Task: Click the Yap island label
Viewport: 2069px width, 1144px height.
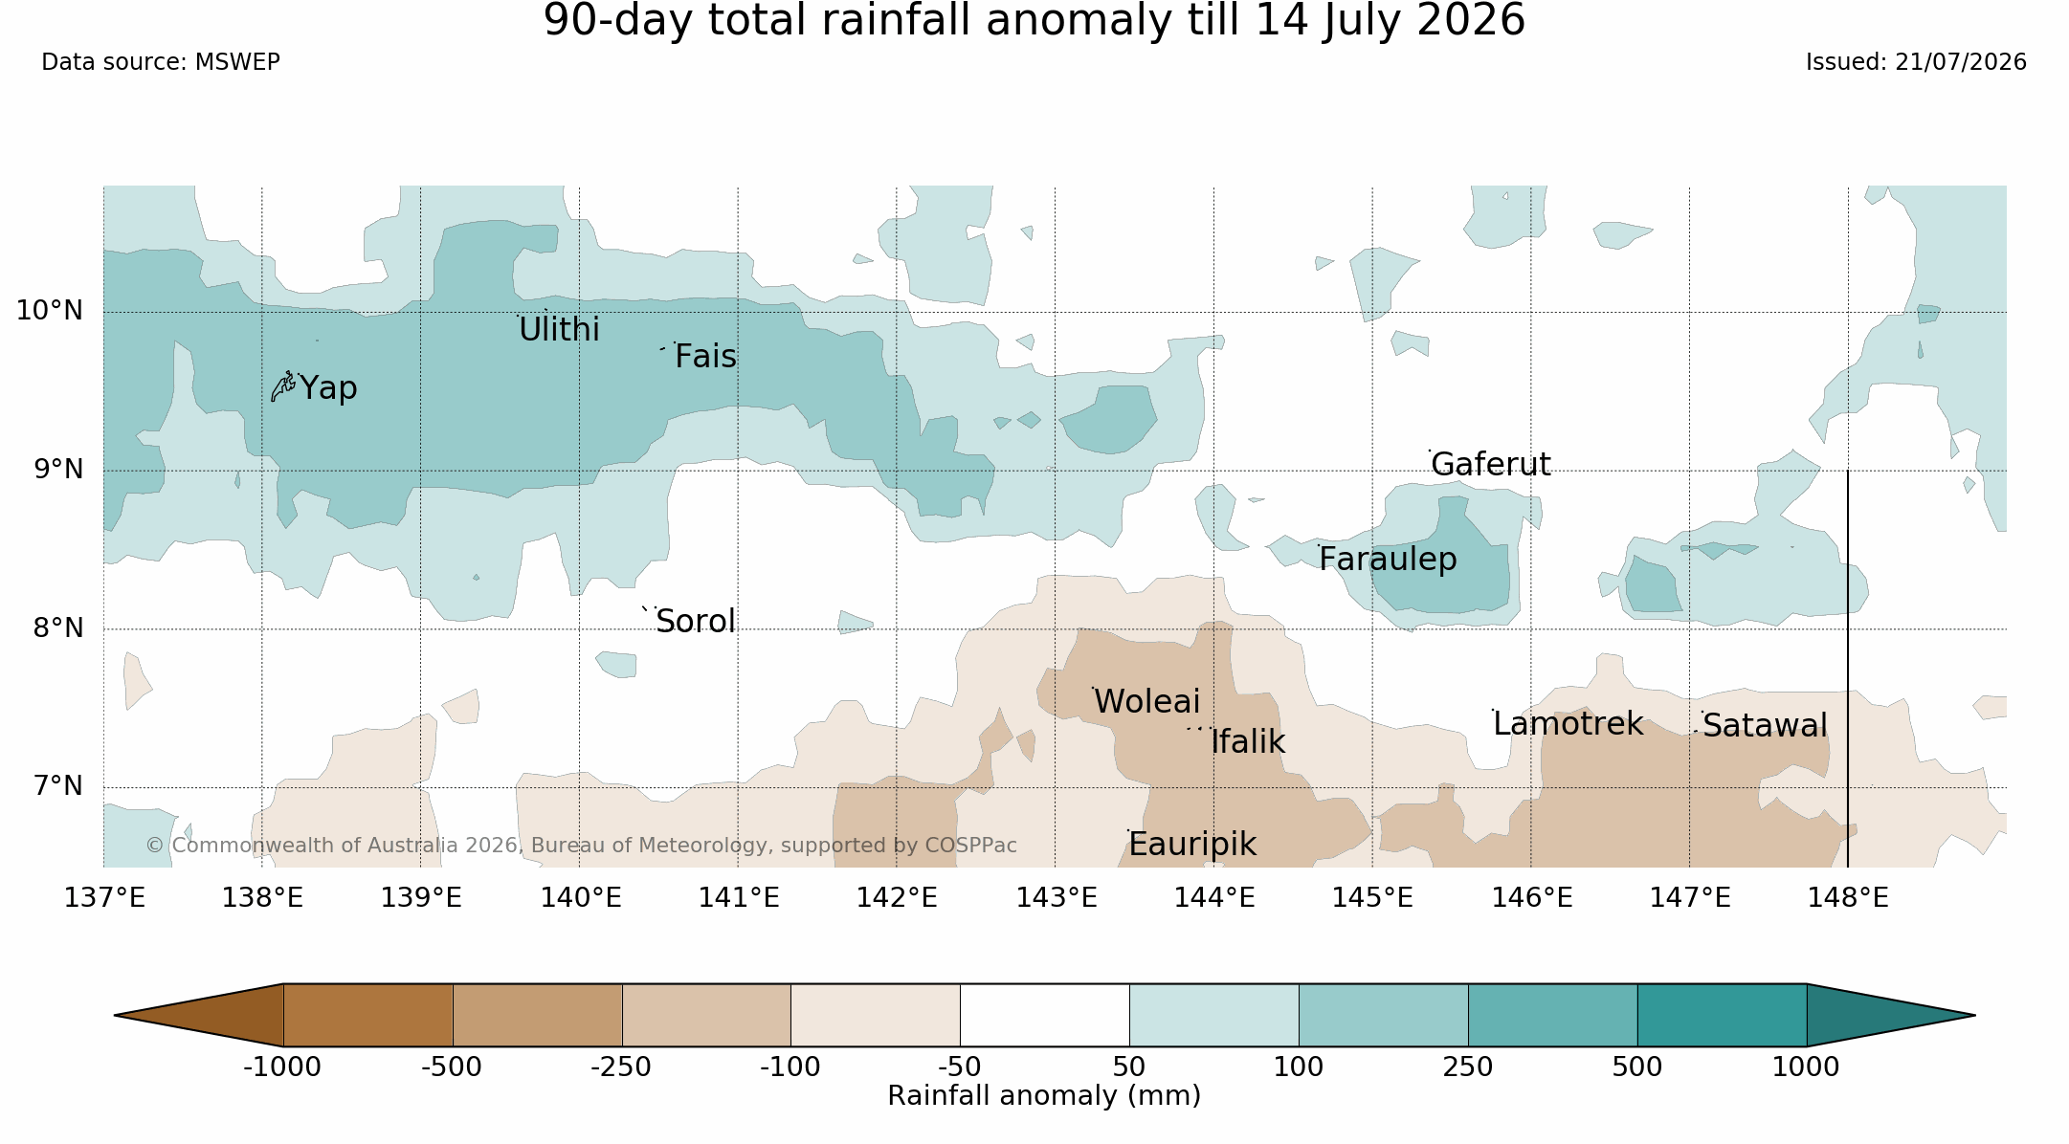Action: click(x=328, y=388)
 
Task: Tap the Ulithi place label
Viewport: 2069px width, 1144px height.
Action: click(x=559, y=330)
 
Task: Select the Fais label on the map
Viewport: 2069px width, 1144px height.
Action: click(x=705, y=357)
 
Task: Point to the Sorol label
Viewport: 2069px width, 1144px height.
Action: click(x=696, y=622)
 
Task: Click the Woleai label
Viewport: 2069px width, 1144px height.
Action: click(x=1146, y=702)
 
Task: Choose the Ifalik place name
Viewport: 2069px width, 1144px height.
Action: click(x=1248, y=742)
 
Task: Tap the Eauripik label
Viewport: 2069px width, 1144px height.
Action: click(x=1192, y=845)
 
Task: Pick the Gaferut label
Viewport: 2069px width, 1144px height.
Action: click(x=1491, y=465)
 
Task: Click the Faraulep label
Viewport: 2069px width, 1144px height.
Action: click(x=1388, y=560)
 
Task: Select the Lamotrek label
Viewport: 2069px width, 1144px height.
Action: click(x=1568, y=724)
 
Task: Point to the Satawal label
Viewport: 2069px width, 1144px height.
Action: click(x=1765, y=726)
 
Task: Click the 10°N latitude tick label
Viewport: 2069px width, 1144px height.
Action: click(x=50, y=311)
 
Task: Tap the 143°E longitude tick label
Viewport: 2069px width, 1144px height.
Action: click(x=1056, y=898)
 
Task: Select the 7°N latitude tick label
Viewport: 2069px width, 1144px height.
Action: click(x=58, y=786)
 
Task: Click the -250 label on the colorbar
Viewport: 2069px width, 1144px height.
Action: click(x=621, y=1067)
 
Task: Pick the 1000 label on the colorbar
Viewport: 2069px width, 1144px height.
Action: click(x=1806, y=1067)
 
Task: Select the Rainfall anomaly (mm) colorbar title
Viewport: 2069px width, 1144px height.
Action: click(x=1044, y=1096)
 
